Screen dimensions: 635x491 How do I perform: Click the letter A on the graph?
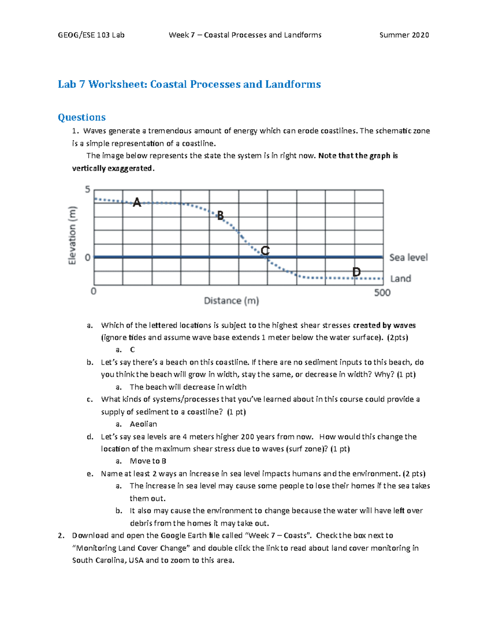(x=137, y=202)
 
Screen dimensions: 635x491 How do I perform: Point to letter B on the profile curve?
(x=221, y=215)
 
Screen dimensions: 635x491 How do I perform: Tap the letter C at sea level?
(x=265, y=251)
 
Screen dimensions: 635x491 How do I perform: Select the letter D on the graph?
(x=356, y=272)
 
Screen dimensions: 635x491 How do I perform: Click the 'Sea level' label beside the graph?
(x=408, y=258)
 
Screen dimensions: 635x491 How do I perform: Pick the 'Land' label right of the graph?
(x=401, y=278)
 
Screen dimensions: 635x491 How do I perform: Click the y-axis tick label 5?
(x=88, y=189)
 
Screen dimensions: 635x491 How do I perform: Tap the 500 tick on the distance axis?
(x=382, y=292)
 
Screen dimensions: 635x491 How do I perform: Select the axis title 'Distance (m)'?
(x=232, y=301)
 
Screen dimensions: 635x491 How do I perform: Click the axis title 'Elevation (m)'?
(x=72, y=236)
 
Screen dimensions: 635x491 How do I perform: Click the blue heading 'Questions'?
(x=82, y=117)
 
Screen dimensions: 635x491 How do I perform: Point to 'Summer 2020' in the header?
(x=404, y=35)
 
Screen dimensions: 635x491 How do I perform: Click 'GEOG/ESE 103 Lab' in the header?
(x=91, y=35)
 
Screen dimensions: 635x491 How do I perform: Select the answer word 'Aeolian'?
(x=143, y=424)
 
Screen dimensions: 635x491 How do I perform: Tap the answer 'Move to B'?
(x=148, y=461)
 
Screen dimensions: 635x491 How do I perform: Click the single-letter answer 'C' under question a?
(x=132, y=350)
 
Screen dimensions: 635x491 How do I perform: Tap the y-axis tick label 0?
(x=88, y=258)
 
